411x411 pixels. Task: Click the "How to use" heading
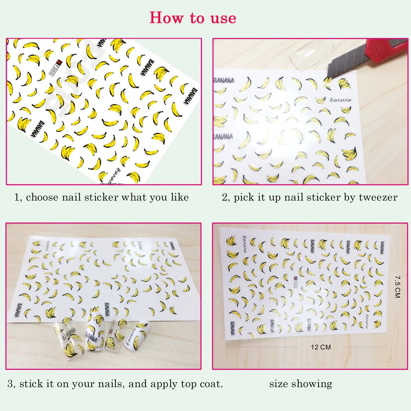click(x=193, y=18)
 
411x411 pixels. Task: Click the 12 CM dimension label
click(x=321, y=347)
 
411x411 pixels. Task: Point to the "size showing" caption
click(x=300, y=384)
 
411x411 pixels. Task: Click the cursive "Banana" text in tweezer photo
click(x=340, y=100)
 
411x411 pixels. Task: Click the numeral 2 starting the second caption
click(x=224, y=197)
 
